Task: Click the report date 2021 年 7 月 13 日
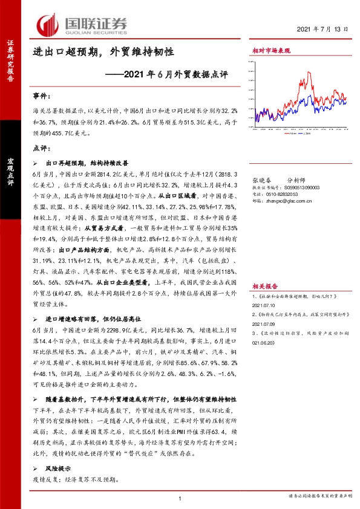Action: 324,29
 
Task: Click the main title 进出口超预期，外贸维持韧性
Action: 103,53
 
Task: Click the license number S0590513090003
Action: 299,187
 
